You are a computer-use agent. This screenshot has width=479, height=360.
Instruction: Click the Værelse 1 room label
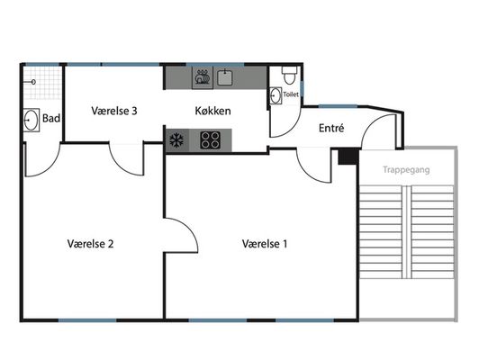(x=265, y=244)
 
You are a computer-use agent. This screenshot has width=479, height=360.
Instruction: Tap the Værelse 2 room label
(x=90, y=244)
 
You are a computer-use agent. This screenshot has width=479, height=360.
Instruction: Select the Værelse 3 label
(x=114, y=111)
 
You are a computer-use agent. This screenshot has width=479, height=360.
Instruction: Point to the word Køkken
(x=212, y=111)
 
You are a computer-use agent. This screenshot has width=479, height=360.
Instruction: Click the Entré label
(x=331, y=128)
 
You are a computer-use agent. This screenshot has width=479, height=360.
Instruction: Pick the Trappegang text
(x=406, y=170)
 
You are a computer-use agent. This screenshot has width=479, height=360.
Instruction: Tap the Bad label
(x=51, y=118)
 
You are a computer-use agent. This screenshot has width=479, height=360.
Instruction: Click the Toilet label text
(x=291, y=94)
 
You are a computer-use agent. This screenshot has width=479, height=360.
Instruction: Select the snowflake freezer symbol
(x=176, y=140)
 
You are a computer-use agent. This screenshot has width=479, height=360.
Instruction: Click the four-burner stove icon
(x=210, y=140)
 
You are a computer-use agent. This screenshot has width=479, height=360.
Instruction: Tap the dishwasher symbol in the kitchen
(x=203, y=78)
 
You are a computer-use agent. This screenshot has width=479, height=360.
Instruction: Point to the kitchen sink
(x=225, y=77)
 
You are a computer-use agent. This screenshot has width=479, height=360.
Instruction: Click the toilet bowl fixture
(x=289, y=75)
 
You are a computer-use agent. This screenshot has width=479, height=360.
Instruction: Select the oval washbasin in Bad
(x=32, y=120)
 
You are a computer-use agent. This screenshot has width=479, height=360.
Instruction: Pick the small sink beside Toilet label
(x=276, y=95)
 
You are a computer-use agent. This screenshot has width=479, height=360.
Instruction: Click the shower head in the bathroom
(x=33, y=82)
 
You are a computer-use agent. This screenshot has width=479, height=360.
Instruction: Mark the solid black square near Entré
(x=348, y=157)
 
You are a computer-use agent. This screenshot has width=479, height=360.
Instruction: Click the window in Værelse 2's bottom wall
(x=87, y=320)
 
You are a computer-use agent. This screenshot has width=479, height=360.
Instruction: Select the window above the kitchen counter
(x=215, y=65)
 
